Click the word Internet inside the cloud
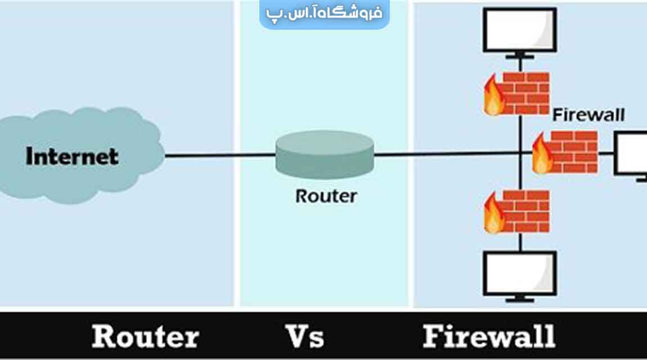click(x=72, y=156)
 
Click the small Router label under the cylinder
click(x=326, y=196)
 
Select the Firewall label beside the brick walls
click(x=588, y=115)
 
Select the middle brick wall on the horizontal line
click(x=574, y=152)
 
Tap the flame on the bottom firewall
click(x=493, y=214)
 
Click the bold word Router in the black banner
click(x=145, y=336)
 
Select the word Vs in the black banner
click(x=305, y=336)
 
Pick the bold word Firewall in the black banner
click(x=488, y=336)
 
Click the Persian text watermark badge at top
click(x=324, y=13)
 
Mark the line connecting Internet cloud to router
click(x=219, y=155)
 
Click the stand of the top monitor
click(x=520, y=55)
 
